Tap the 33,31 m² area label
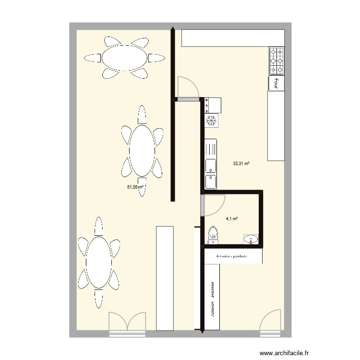[x=241, y=163]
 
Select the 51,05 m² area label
[x=136, y=187]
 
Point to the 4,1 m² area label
[x=232, y=219]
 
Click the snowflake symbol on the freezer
[x=211, y=120]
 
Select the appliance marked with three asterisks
[x=213, y=105]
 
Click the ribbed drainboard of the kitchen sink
[x=211, y=148]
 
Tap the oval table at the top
[x=124, y=58]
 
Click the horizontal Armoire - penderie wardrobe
[x=233, y=256]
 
